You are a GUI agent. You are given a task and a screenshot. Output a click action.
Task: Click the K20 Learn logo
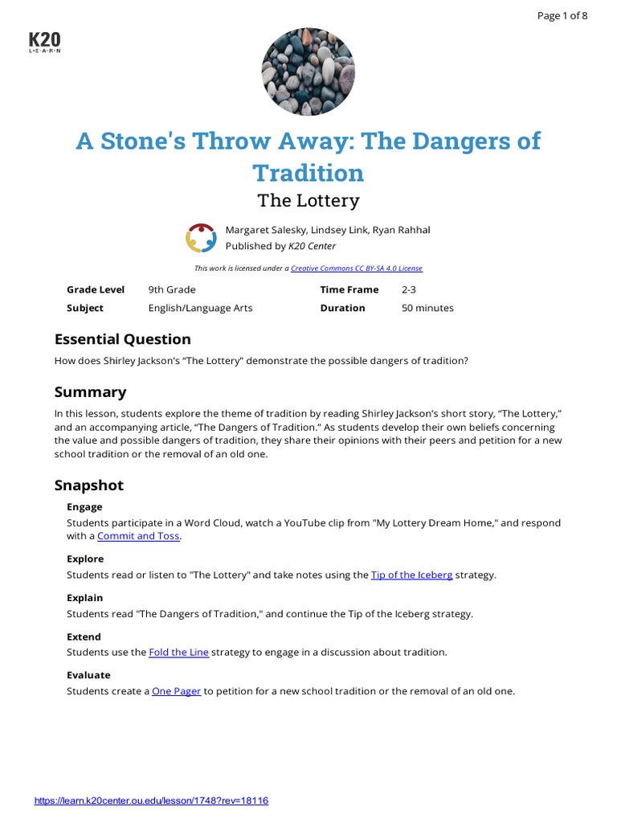point(44,43)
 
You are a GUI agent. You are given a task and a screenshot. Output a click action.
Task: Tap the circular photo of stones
point(308,70)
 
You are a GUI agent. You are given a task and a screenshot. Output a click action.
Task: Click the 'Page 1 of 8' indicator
point(562,16)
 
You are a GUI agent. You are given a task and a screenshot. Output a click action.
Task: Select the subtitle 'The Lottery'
point(308,200)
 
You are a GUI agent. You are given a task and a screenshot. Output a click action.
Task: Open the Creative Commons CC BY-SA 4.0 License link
point(356,268)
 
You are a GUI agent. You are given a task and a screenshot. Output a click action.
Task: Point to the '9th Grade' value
point(172,289)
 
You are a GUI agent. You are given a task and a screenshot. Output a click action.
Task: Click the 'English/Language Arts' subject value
point(189,308)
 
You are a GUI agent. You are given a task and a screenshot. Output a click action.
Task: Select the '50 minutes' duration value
point(427,308)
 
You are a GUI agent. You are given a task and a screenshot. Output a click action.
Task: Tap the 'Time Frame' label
point(349,289)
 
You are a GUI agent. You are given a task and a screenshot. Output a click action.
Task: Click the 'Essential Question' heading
point(122,339)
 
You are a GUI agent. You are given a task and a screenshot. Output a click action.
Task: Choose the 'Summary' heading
point(90,392)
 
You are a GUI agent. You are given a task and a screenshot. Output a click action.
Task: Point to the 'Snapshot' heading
point(88,485)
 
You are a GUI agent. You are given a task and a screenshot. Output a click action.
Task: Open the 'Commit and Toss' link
point(139,536)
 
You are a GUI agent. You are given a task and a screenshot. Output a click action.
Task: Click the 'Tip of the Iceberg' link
point(411,575)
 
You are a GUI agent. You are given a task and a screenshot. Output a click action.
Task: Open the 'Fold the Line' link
point(178,652)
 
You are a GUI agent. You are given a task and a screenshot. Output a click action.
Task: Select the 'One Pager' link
point(176,691)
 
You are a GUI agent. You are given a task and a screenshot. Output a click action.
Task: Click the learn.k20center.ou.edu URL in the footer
point(151,800)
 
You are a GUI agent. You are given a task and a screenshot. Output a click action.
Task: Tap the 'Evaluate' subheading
point(88,675)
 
